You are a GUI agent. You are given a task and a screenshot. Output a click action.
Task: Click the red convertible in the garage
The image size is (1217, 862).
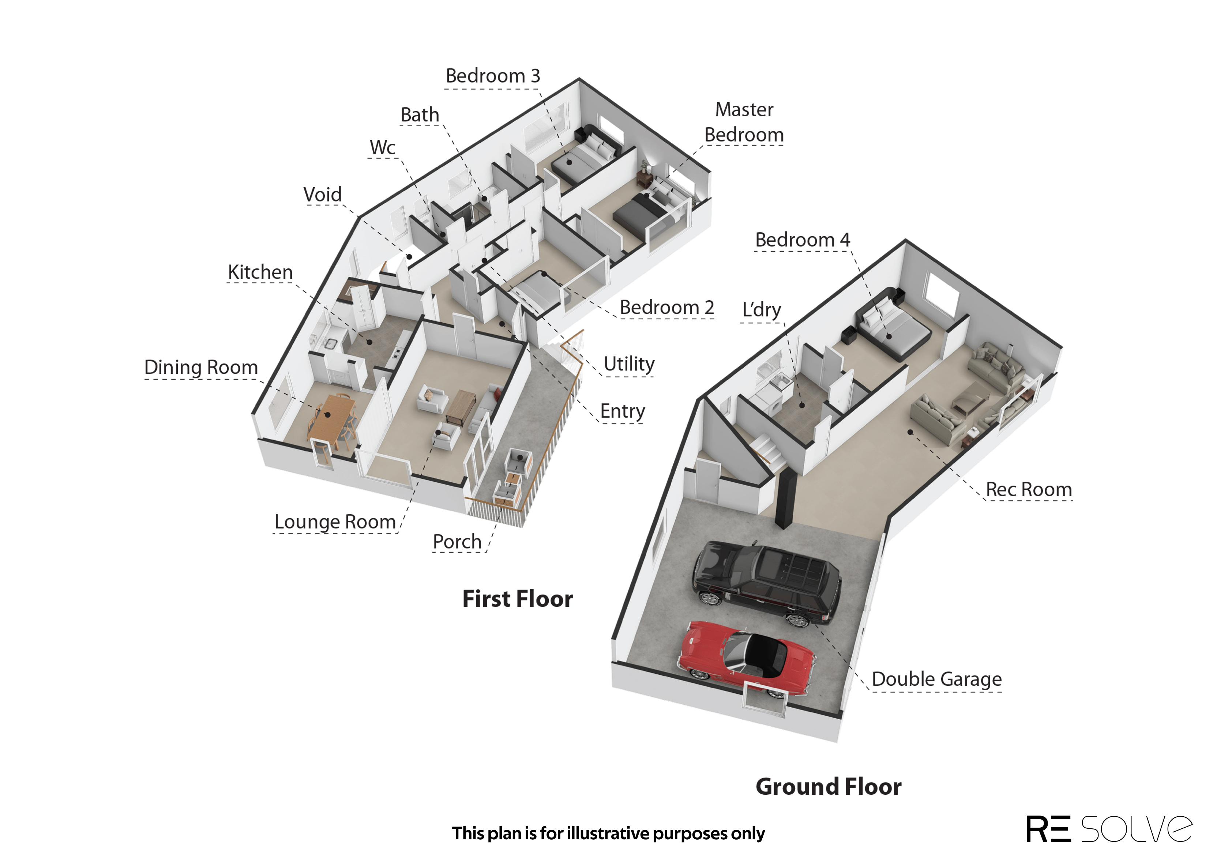pos(746,658)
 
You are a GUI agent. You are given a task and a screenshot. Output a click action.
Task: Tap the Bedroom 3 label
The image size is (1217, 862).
pos(492,76)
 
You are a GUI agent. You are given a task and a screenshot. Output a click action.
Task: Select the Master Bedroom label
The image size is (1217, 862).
pos(744,122)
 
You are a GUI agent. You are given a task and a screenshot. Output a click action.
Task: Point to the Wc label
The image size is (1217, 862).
pos(383,147)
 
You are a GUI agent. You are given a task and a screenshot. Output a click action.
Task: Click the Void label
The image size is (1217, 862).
pos(323,194)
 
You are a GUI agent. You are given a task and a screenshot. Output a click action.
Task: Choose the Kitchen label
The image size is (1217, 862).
pos(260,272)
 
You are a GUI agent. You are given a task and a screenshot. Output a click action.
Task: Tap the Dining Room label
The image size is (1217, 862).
pos(201,367)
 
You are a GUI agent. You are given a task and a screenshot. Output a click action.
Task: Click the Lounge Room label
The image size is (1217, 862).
pos(335,522)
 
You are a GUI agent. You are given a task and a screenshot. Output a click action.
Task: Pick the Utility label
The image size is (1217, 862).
pos(629,364)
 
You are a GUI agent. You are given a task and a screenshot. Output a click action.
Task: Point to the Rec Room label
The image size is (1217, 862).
pos(1029,489)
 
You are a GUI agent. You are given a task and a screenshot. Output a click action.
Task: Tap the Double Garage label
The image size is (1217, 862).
pos(937,680)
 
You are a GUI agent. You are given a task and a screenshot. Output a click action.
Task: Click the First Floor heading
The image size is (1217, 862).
pos(518,599)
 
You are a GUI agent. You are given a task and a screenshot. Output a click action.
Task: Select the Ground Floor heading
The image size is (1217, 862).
pos(829,787)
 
